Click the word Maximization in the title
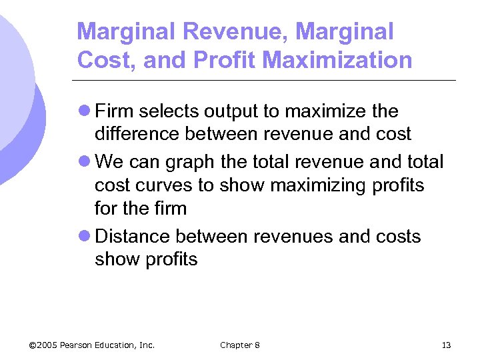tap(337, 60)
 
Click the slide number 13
tap(446, 345)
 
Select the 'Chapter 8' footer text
tap(240, 345)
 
